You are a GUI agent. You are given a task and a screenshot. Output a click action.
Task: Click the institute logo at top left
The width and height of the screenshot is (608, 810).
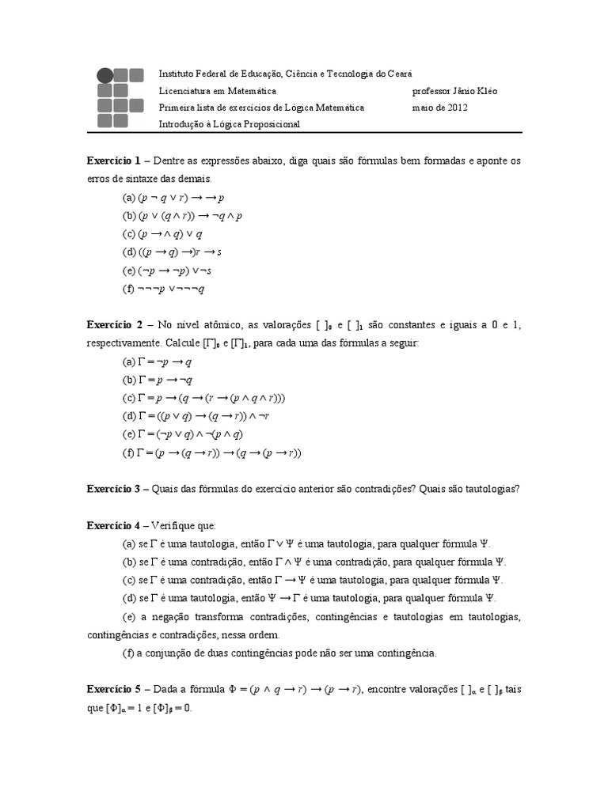pos(120,98)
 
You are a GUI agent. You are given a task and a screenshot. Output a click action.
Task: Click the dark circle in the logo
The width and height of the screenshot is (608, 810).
pos(104,76)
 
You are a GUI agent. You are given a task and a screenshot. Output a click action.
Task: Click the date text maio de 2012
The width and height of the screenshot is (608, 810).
pos(440,108)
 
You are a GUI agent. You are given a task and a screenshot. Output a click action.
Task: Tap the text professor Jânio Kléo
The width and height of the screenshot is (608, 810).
pos(455,91)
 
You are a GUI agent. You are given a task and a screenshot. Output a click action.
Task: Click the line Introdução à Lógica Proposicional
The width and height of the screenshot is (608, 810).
pos(230,124)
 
